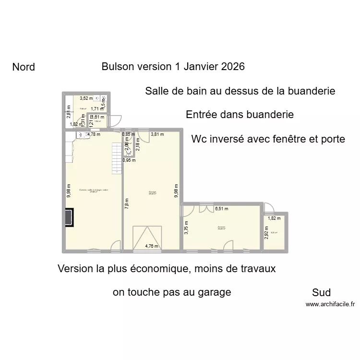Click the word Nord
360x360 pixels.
click(x=24, y=67)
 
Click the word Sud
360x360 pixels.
click(x=321, y=292)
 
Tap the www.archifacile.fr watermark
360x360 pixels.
click(x=330, y=304)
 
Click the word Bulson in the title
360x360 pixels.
click(x=118, y=66)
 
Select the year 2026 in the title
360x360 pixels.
click(x=232, y=66)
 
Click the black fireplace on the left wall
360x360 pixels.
click(x=70, y=216)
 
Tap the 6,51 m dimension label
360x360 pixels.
click(x=221, y=209)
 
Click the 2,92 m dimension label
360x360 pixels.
click(x=266, y=232)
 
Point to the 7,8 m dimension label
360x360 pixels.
click(x=127, y=204)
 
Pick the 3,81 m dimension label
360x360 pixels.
click(x=158, y=134)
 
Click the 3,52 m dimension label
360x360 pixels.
click(x=86, y=99)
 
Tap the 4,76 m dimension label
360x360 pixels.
click(x=152, y=247)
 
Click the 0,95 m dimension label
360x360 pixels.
click(x=129, y=160)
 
